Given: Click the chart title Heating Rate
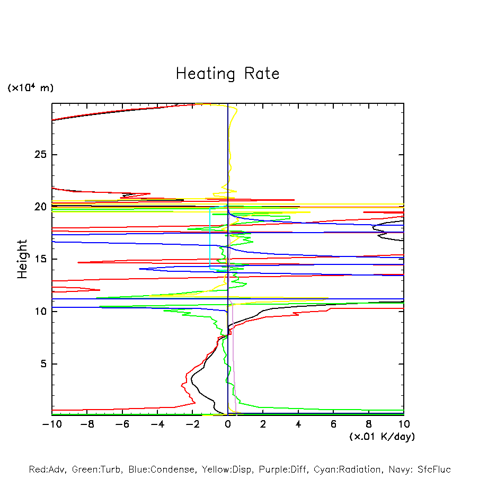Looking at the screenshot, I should coord(227,74).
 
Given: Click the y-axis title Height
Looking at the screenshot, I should coord(22,259).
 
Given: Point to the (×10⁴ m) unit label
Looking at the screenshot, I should coord(30,88).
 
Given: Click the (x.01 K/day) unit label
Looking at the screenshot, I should coord(382,437).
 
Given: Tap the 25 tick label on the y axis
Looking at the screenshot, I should coord(41,155).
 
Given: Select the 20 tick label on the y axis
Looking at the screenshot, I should coord(41,207).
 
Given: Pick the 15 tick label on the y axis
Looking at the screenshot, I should coord(41,259).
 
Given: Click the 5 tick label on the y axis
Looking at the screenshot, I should coord(44,364).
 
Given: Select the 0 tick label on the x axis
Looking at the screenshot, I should coord(228,424).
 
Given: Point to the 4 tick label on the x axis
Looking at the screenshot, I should coord(298,424).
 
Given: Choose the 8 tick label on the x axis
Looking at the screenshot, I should coord(369,424).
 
